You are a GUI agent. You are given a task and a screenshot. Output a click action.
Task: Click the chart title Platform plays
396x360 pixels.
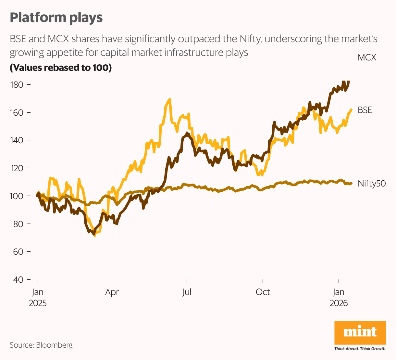[x=56, y=18]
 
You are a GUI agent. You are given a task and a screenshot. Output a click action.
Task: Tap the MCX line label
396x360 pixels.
[x=367, y=58]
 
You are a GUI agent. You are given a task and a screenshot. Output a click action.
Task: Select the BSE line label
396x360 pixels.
[x=365, y=110]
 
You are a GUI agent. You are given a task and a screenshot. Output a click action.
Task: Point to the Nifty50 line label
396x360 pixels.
[x=371, y=184]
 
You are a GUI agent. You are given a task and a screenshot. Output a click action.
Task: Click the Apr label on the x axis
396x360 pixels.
[x=112, y=292]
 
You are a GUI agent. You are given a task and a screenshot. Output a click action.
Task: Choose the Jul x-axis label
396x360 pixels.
[x=187, y=292]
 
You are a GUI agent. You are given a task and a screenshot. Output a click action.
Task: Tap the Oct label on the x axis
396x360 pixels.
[x=263, y=292]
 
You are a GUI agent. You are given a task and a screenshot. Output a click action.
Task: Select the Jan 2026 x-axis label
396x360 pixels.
[x=339, y=298]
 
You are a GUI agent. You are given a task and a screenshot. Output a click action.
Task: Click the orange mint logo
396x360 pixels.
[x=360, y=332]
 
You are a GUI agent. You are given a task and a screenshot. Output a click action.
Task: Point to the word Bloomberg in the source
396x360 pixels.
[x=54, y=345]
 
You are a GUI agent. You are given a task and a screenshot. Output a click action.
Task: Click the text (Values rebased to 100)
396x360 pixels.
[x=61, y=68]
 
